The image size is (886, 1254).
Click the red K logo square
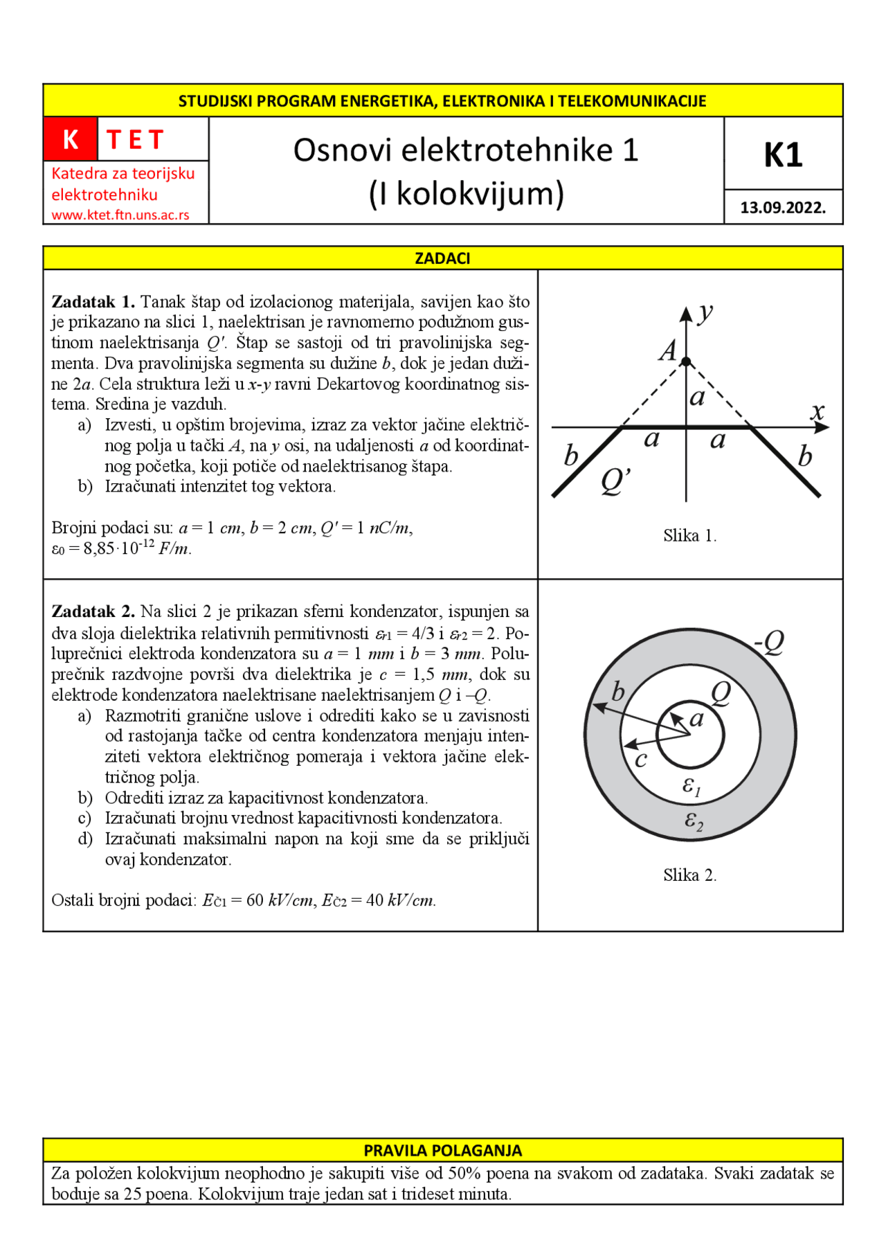70,139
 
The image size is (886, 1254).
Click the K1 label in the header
783,154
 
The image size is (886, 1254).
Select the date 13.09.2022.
783,208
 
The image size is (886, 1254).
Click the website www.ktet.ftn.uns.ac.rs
120,215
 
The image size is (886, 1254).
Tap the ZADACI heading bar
442,258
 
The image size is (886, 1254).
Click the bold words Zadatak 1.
93,303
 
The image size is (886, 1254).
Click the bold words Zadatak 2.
93,612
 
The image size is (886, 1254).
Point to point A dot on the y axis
686,361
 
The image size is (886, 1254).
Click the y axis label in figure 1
705,313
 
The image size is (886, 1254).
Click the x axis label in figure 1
817,411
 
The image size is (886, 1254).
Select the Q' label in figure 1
615,481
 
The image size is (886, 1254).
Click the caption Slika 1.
689,536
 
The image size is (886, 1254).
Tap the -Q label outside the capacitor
769,643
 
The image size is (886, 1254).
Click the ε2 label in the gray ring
694,821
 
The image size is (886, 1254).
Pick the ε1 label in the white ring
691,787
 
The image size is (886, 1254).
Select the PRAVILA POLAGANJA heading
442,1151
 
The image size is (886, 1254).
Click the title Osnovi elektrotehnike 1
465,150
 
